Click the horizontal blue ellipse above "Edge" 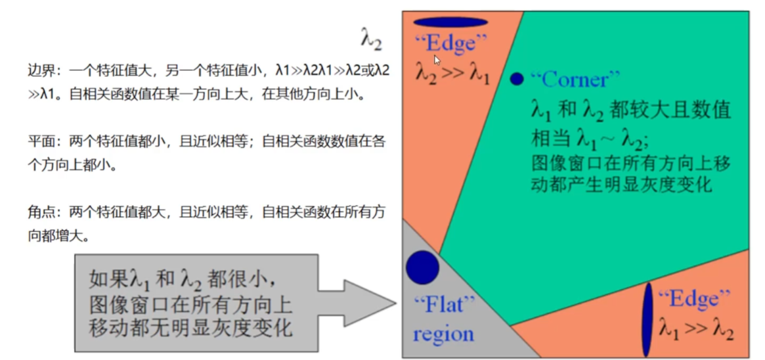450,22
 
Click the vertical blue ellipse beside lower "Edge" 647,319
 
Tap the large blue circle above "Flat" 422,267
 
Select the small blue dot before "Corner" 517,79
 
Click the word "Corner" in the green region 575,79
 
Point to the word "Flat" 444,305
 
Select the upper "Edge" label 451,44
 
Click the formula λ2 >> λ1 452,72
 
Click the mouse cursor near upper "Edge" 437,60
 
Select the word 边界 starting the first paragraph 39,70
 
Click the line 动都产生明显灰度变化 621,185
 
